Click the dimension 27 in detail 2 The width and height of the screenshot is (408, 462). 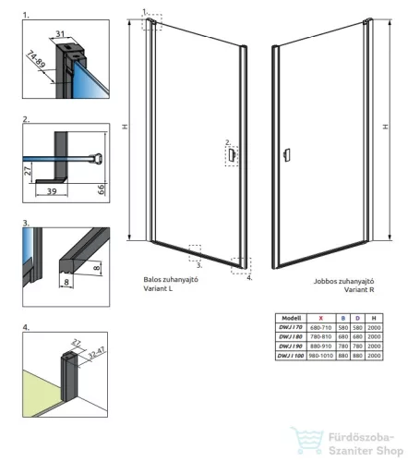(27, 171)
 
